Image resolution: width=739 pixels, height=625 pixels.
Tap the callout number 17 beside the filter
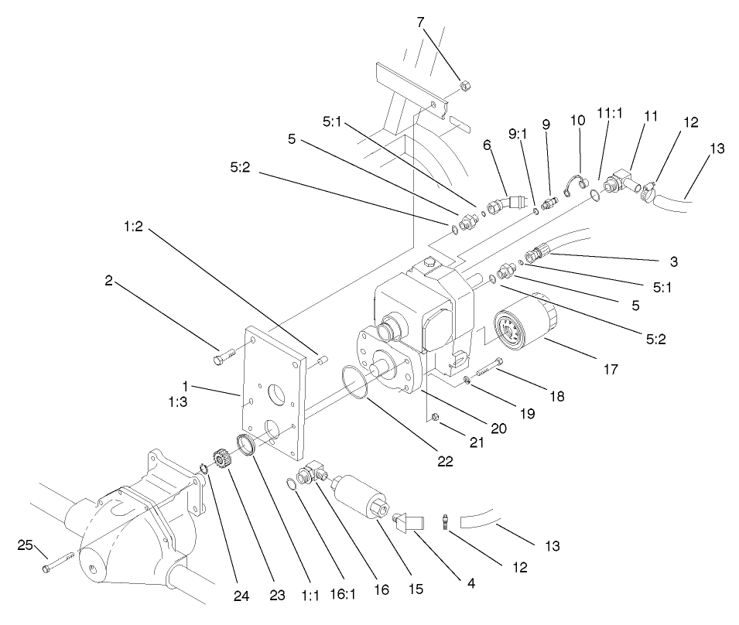pos(611,370)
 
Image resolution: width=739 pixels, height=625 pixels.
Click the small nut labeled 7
pos(466,85)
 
